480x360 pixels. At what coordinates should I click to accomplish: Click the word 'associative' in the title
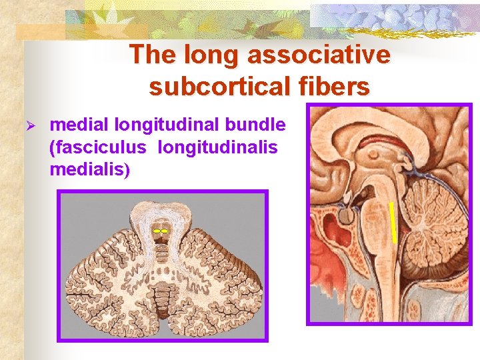click(x=319, y=55)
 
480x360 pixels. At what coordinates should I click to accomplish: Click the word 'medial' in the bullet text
click(x=79, y=125)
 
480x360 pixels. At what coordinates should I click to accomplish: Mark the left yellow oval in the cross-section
click(x=156, y=230)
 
